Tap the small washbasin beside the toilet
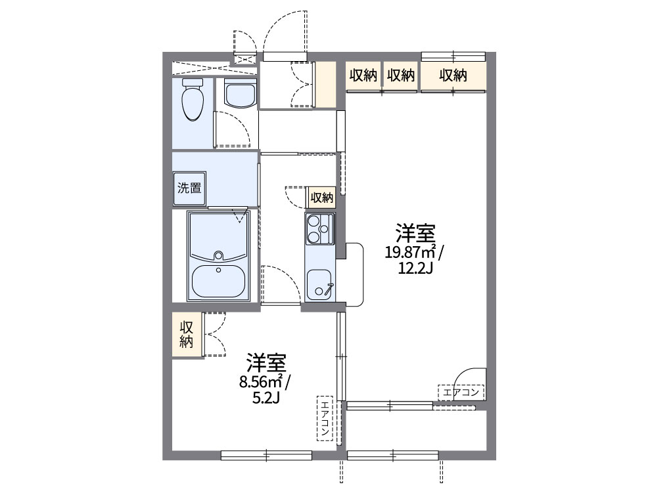tap(239, 94)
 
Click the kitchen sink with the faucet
tap(320, 284)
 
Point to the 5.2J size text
tap(266, 397)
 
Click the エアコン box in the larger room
tap(461, 393)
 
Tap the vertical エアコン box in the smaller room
tap(325, 418)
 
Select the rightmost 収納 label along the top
tap(453, 75)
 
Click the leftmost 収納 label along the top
tap(362, 75)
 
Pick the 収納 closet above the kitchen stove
tap(321, 197)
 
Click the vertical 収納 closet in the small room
tap(187, 335)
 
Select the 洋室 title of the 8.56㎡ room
tap(266, 362)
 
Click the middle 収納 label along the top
tap(400, 75)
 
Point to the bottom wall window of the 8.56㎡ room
tap(266, 454)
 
